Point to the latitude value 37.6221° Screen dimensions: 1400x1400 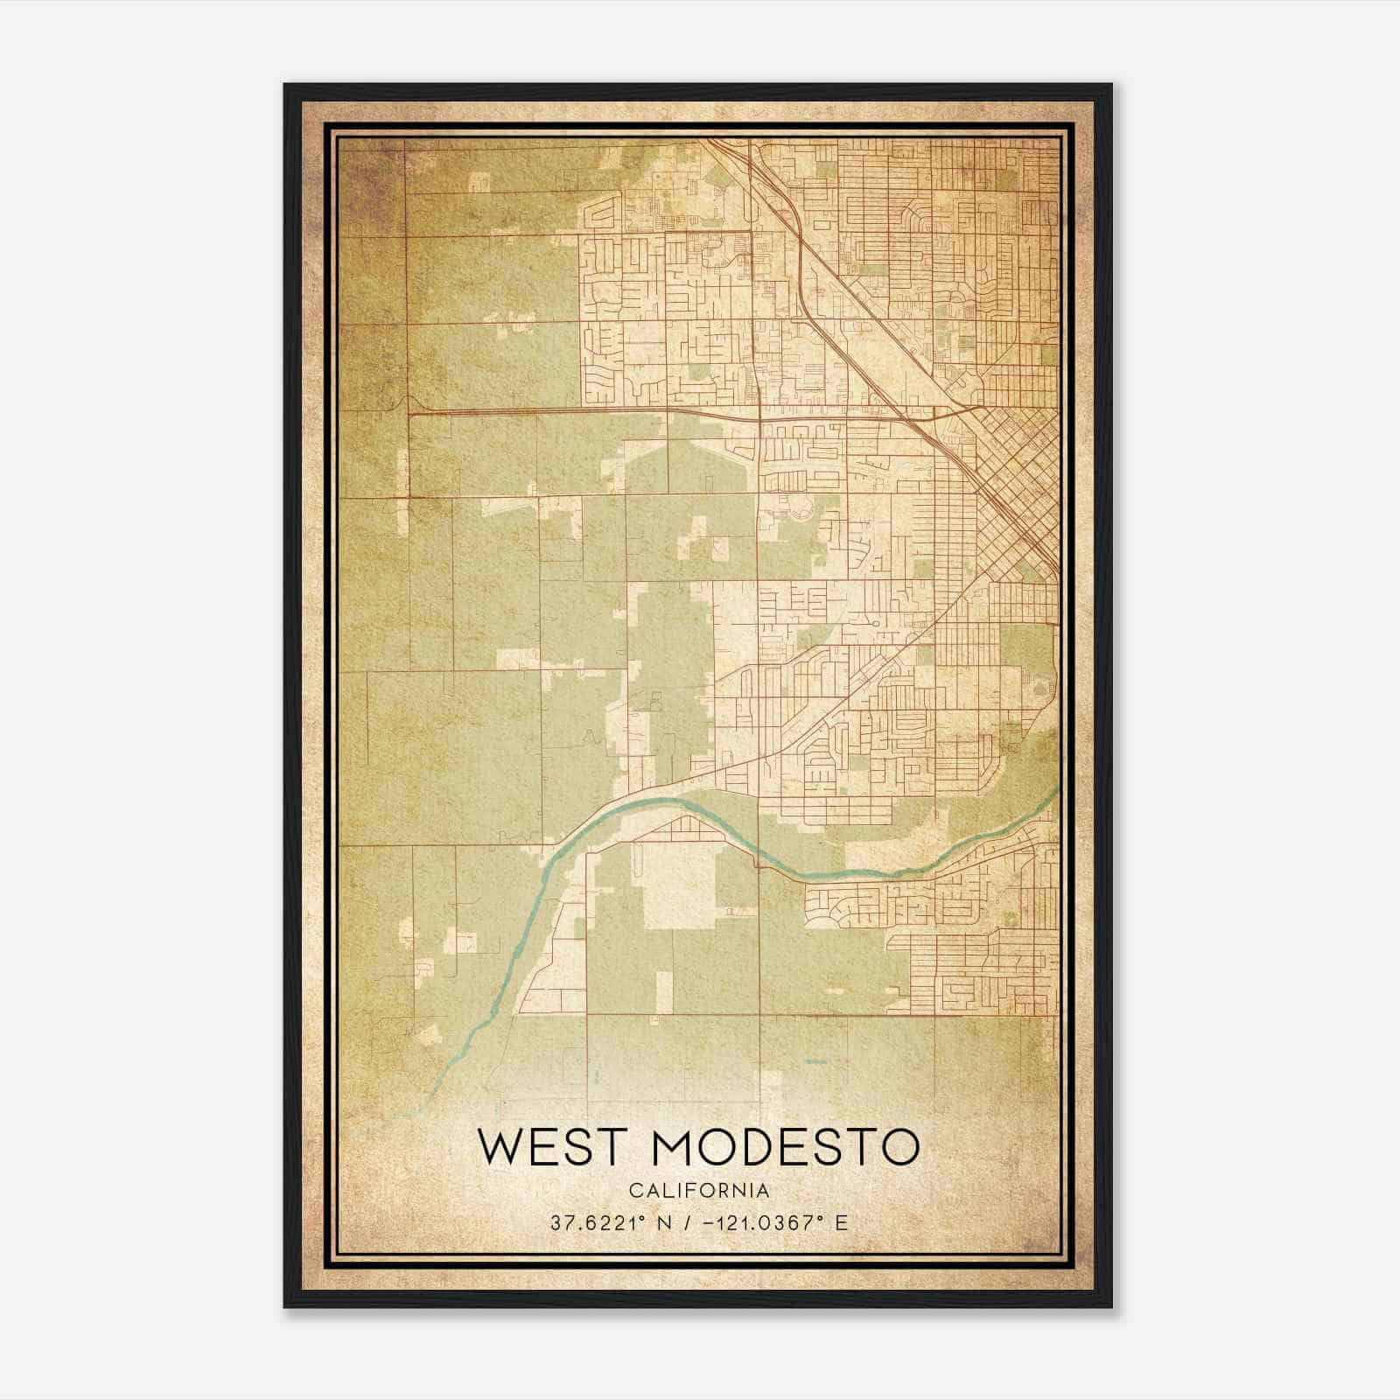(593, 1222)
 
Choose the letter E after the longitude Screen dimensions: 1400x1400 (841, 1222)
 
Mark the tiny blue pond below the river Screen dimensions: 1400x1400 (815, 1061)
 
